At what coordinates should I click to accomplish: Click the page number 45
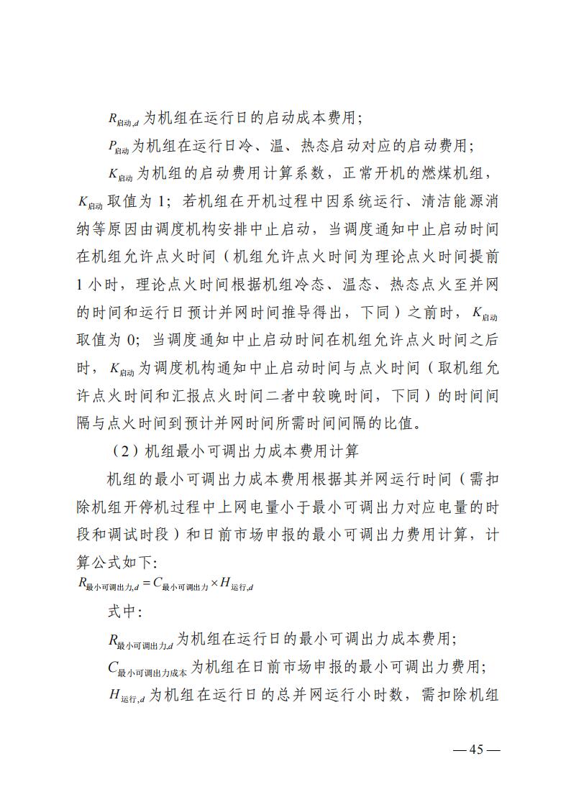pos(475,750)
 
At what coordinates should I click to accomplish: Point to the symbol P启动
pos(118,147)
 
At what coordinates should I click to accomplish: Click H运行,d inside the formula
pos(237,586)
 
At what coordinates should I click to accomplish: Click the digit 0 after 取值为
pos(125,341)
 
